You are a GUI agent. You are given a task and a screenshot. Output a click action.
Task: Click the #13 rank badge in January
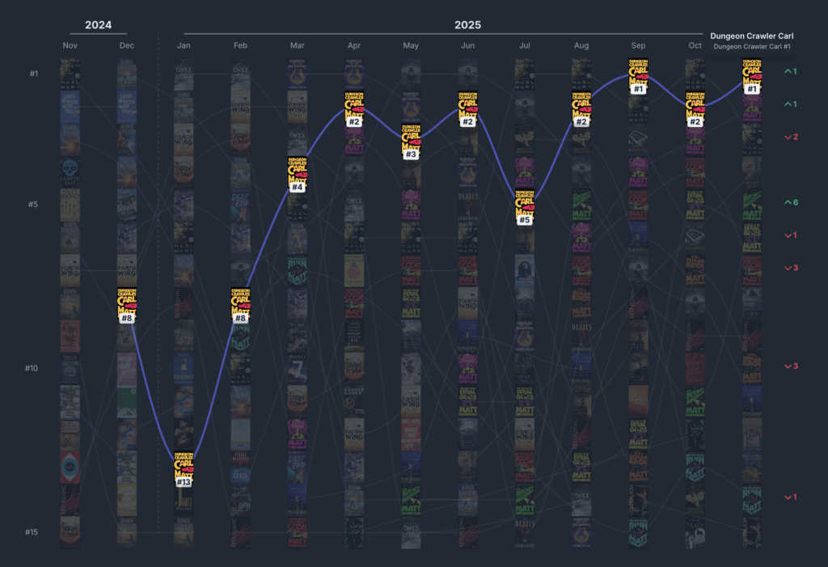(184, 482)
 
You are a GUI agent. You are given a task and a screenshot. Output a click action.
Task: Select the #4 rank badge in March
(297, 188)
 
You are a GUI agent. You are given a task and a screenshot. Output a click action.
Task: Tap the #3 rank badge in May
(411, 154)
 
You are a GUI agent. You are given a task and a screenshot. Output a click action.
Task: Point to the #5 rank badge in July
(524, 220)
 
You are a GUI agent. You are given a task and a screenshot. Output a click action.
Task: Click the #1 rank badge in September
(638, 89)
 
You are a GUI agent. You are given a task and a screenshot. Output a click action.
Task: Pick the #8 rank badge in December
(126, 318)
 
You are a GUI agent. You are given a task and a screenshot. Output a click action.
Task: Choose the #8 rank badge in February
(240, 318)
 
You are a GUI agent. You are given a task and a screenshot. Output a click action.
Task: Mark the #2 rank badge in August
(581, 122)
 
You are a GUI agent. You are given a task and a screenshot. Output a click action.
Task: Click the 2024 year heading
(98, 25)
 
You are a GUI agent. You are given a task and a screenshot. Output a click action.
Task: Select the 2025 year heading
(467, 25)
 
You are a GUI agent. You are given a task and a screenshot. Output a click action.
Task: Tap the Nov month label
(70, 45)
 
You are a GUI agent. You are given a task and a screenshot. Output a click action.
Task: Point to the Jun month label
(467, 45)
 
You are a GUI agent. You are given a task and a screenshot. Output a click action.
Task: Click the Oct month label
(695, 45)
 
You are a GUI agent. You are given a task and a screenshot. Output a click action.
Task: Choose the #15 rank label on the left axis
(32, 532)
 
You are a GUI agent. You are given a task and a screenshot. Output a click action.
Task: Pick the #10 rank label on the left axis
(32, 368)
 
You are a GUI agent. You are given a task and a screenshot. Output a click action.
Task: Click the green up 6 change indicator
(790, 202)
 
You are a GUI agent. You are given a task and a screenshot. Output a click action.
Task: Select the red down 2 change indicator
(790, 137)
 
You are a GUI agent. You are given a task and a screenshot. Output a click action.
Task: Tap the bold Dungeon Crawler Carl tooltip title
(752, 36)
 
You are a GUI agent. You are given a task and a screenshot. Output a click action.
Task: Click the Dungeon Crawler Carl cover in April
(353, 104)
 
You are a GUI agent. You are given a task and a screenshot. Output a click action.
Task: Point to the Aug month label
(581, 45)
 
